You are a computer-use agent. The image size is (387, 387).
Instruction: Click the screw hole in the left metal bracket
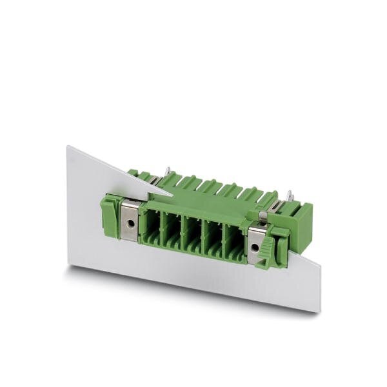coord(130,223)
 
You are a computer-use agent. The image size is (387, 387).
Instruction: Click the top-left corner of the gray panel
coord(67,146)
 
